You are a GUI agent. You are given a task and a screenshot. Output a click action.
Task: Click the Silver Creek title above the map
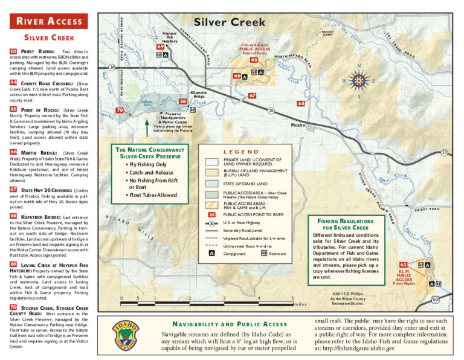pos(230,22)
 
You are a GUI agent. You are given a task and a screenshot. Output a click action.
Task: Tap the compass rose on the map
pos(359,80)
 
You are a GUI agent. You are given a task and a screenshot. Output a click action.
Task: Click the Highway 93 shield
pos(435,299)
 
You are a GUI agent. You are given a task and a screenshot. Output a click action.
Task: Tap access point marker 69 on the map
pos(160,47)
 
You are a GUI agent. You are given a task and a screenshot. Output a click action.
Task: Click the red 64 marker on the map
pos(301,103)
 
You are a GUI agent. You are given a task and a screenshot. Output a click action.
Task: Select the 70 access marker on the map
pos(120,111)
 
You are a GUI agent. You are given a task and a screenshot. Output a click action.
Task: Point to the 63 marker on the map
pos(403,265)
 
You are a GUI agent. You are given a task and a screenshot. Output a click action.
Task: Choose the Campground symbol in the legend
pos(211,254)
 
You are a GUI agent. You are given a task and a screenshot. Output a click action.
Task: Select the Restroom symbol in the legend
pos(264,254)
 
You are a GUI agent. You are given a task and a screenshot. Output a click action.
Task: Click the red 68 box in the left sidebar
pos(13,216)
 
